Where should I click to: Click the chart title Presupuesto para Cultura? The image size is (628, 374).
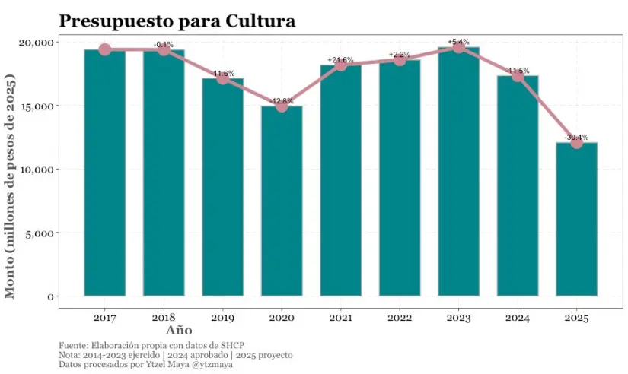point(177,21)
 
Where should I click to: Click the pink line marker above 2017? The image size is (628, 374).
point(105,49)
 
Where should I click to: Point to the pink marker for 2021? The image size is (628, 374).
point(340,65)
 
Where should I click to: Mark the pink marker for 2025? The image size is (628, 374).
point(576,142)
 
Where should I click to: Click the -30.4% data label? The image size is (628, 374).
point(576,137)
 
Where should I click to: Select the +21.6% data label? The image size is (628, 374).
point(340,59)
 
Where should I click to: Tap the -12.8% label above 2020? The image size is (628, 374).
point(282,100)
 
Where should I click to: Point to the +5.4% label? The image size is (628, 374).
point(458,41)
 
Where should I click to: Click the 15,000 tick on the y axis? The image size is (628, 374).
point(37,106)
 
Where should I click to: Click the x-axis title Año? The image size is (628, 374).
point(179,331)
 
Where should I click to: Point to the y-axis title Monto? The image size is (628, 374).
point(11,186)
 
